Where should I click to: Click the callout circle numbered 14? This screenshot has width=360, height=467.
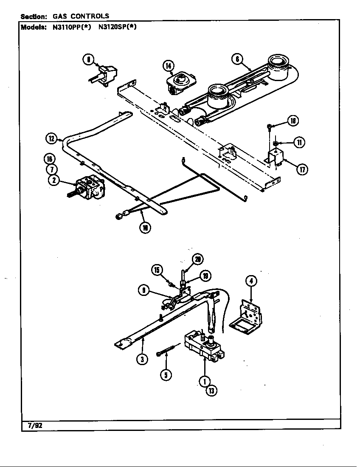point(169,65)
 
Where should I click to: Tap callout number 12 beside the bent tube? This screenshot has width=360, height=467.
point(51,138)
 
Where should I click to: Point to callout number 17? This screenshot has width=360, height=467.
point(302,170)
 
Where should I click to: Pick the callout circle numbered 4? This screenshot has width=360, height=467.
point(251,281)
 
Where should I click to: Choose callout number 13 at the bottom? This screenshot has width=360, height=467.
point(211,391)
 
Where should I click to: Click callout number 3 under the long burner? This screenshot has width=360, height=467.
point(142,359)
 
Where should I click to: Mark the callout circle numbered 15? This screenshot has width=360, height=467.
point(157,270)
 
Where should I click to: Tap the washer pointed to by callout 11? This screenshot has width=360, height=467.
point(276,143)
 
